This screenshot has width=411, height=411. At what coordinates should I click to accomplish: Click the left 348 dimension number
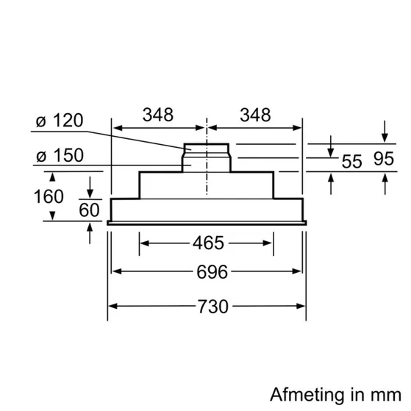158,115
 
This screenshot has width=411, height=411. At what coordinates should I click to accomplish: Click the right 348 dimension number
255,115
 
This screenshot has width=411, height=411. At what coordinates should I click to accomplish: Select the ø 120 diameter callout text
60,121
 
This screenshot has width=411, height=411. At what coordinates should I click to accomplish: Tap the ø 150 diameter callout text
60,155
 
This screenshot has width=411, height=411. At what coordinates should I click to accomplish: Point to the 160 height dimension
49,196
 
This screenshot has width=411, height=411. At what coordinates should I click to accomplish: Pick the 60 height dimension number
89,210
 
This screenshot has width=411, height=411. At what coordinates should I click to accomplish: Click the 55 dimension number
351,161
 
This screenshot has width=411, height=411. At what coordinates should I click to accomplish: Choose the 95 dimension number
384,159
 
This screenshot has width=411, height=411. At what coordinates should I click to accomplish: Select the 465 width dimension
208,243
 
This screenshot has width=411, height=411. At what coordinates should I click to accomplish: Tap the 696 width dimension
212,272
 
